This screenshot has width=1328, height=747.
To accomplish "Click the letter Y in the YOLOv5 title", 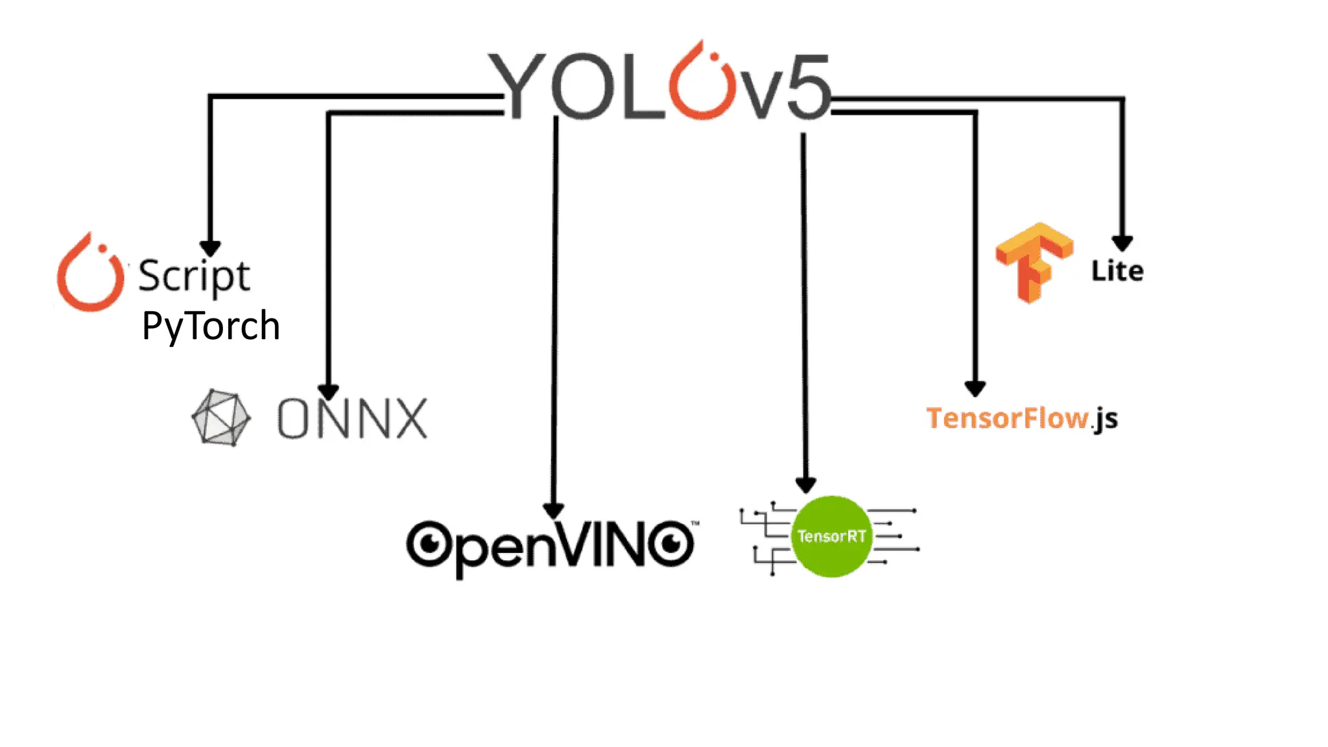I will tap(516, 87).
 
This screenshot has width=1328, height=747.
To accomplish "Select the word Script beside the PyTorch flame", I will tap(194, 276).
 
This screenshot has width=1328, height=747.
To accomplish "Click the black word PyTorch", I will tap(211, 326).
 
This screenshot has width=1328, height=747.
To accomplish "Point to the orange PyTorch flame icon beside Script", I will tap(90, 274).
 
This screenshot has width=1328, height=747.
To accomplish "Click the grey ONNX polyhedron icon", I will tap(220, 418).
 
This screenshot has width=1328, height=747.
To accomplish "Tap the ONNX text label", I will tap(352, 419).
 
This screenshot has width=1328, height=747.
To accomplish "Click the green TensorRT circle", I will tap(831, 536).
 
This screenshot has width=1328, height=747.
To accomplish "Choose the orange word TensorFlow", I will tap(1007, 418).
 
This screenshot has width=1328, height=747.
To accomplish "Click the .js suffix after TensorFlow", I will tap(1104, 420).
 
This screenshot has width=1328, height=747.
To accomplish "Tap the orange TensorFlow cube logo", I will tap(1034, 262).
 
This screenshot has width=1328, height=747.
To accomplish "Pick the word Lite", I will tap(1117, 271).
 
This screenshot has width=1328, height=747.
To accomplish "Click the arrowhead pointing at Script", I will tap(210, 248).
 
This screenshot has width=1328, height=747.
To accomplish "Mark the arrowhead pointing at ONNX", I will tap(329, 392).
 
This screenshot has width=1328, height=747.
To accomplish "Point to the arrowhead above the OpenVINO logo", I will tap(553, 511).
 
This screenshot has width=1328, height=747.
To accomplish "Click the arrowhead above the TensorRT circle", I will tap(805, 484).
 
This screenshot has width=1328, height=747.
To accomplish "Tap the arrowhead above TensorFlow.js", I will tap(975, 388).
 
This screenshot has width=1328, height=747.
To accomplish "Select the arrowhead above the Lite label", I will tap(1122, 243).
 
